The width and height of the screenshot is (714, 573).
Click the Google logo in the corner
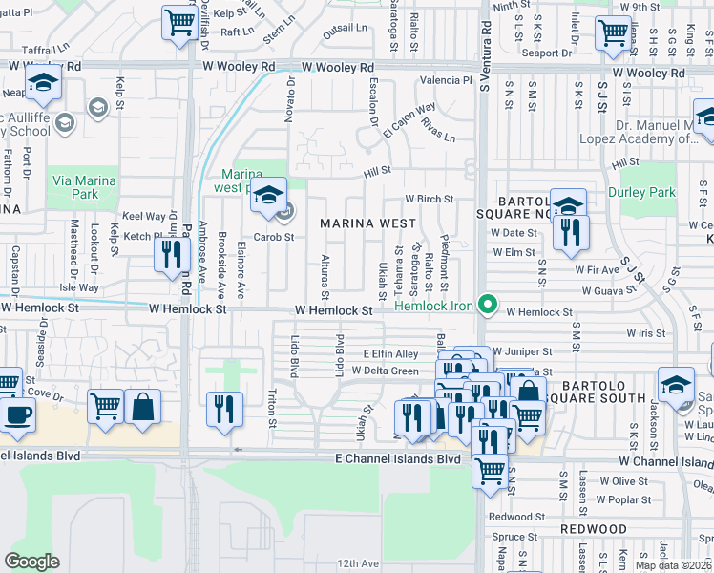(x=31, y=562)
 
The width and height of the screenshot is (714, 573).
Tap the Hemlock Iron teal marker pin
(x=489, y=306)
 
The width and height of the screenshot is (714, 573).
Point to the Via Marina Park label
(x=84, y=187)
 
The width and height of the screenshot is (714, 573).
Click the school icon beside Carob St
(x=269, y=195)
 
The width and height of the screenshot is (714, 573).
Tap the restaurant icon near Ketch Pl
(x=171, y=253)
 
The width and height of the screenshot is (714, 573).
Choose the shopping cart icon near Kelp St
(x=178, y=22)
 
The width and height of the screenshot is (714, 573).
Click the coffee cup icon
(x=16, y=415)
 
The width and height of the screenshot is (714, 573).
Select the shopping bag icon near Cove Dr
(x=142, y=406)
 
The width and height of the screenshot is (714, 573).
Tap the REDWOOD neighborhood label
(x=593, y=528)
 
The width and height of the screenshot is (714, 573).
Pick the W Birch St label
(x=428, y=199)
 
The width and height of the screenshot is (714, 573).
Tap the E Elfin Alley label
(x=390, y=353)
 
